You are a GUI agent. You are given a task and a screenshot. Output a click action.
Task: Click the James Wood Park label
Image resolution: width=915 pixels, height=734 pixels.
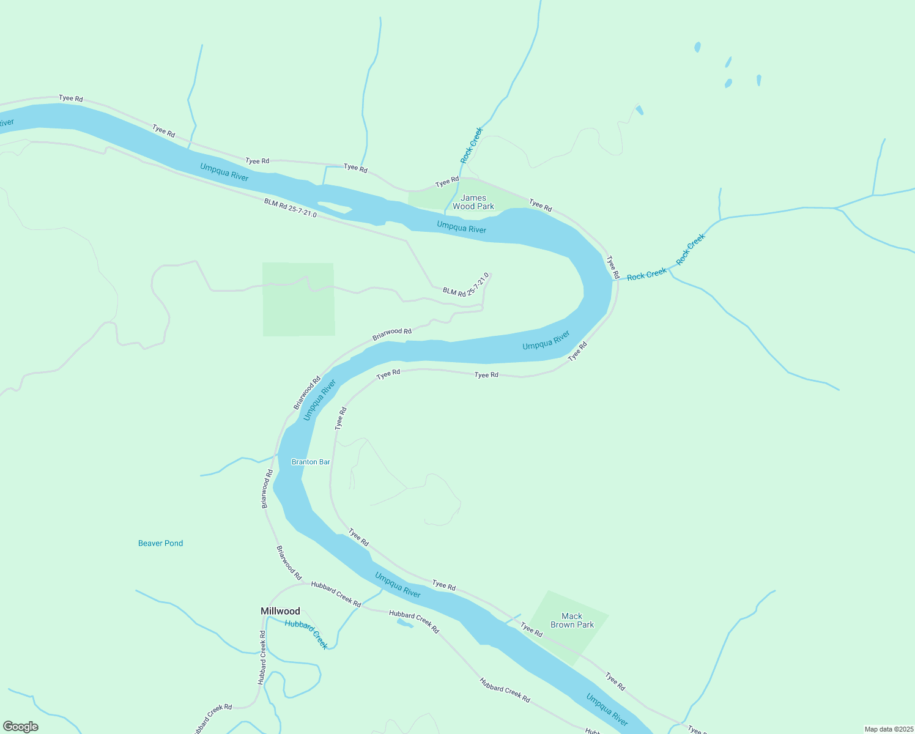(473, 202)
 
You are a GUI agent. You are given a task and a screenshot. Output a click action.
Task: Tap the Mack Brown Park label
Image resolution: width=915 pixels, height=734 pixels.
(572, 620)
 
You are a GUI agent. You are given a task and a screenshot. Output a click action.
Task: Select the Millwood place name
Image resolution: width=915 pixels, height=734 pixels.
(280, 611)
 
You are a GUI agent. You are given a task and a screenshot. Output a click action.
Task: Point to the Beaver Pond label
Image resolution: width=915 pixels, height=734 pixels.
(160, 543)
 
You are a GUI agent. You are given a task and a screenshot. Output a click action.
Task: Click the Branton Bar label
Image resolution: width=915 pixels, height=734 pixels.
(311, 462)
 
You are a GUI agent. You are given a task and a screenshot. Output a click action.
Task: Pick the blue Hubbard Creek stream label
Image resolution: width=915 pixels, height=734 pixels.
(306, 634)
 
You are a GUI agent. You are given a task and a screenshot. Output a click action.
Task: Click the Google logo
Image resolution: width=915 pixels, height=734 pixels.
(21, 727)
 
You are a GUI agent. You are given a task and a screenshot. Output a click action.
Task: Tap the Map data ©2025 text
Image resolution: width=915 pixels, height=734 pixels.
(888, 729)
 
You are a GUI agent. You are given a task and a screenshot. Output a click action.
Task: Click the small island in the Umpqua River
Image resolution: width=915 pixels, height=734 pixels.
(333, 208)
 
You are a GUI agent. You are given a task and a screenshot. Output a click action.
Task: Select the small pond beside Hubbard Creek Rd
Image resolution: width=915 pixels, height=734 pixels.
(404, 623)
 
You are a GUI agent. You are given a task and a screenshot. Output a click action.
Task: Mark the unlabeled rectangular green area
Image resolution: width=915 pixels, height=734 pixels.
(298, 299)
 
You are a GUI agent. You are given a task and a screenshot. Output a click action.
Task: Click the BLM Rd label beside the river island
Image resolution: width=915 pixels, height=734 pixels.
(290, 208)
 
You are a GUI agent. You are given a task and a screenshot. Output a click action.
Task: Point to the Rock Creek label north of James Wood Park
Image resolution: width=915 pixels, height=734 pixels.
(472, 145)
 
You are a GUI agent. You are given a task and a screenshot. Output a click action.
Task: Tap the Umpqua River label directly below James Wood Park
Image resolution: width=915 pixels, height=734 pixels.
(461, 228)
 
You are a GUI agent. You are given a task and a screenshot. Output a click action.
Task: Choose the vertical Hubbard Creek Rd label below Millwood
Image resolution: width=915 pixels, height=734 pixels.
(262, 658)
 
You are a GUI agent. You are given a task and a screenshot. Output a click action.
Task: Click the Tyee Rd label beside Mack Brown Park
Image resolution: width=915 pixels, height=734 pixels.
(532, 629)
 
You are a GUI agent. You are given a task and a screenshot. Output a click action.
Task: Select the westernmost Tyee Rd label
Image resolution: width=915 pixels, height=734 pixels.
(70, 98)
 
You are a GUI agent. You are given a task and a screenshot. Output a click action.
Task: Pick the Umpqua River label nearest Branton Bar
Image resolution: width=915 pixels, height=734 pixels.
(319, 401)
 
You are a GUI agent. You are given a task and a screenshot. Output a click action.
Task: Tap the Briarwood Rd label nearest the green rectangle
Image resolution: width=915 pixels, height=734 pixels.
(391, 334)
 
